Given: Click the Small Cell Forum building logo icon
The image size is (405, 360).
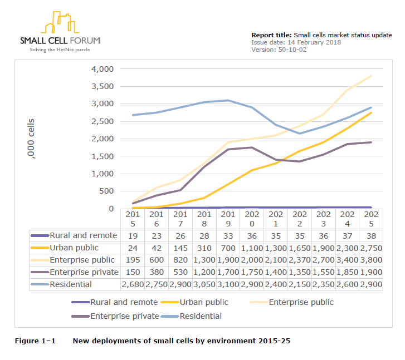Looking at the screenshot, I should pos(60,22).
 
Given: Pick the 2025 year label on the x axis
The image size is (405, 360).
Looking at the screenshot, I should pos(372,219).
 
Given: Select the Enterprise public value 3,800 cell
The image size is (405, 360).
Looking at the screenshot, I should pos(372,260).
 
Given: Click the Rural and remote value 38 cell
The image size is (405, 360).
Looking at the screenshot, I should pos(372,235).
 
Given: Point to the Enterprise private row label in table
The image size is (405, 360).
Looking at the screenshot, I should pos(84,272).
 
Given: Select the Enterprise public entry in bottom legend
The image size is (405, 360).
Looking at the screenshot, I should pos(301,302).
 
